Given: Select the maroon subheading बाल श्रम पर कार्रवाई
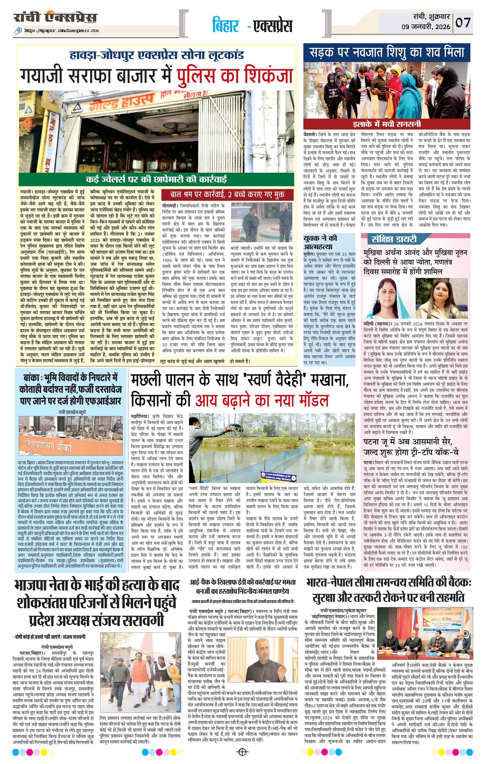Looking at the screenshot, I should pos(227,194).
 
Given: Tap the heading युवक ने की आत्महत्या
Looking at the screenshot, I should pos(320,242).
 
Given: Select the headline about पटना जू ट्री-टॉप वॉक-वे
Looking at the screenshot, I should pos(415,446).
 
